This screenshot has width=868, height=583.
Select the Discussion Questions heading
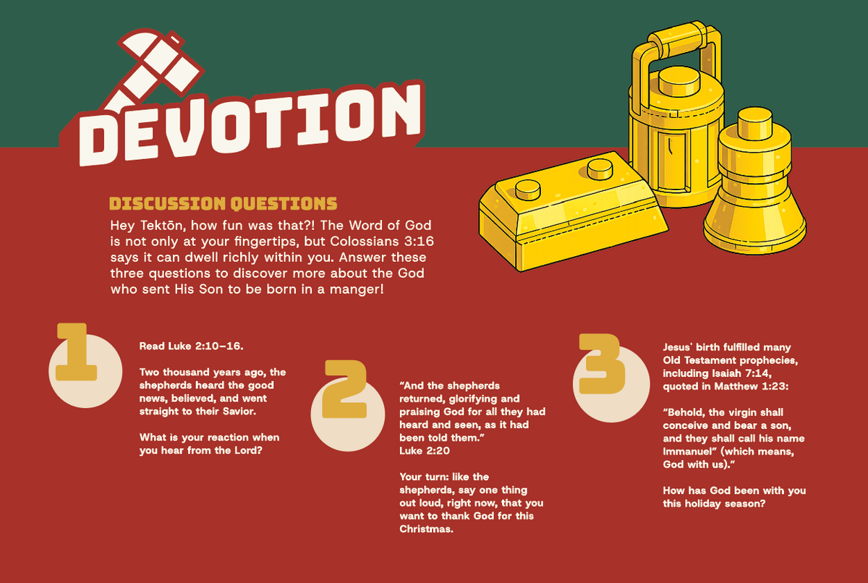click(x=224, y=203)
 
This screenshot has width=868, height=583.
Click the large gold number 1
click(x=75, y=352)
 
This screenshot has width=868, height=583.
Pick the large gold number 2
click(x=344, y=389)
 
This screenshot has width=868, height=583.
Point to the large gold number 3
click(x=601, y=364)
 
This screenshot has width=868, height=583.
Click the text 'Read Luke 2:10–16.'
click(x=192, y=346)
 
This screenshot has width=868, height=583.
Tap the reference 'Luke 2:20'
click(x=425, y=451)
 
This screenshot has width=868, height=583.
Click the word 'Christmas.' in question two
click(x=426, y=529)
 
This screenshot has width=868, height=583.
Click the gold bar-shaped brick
click(x=574, y=213)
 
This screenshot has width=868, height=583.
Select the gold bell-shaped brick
click(x=754, y=186)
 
